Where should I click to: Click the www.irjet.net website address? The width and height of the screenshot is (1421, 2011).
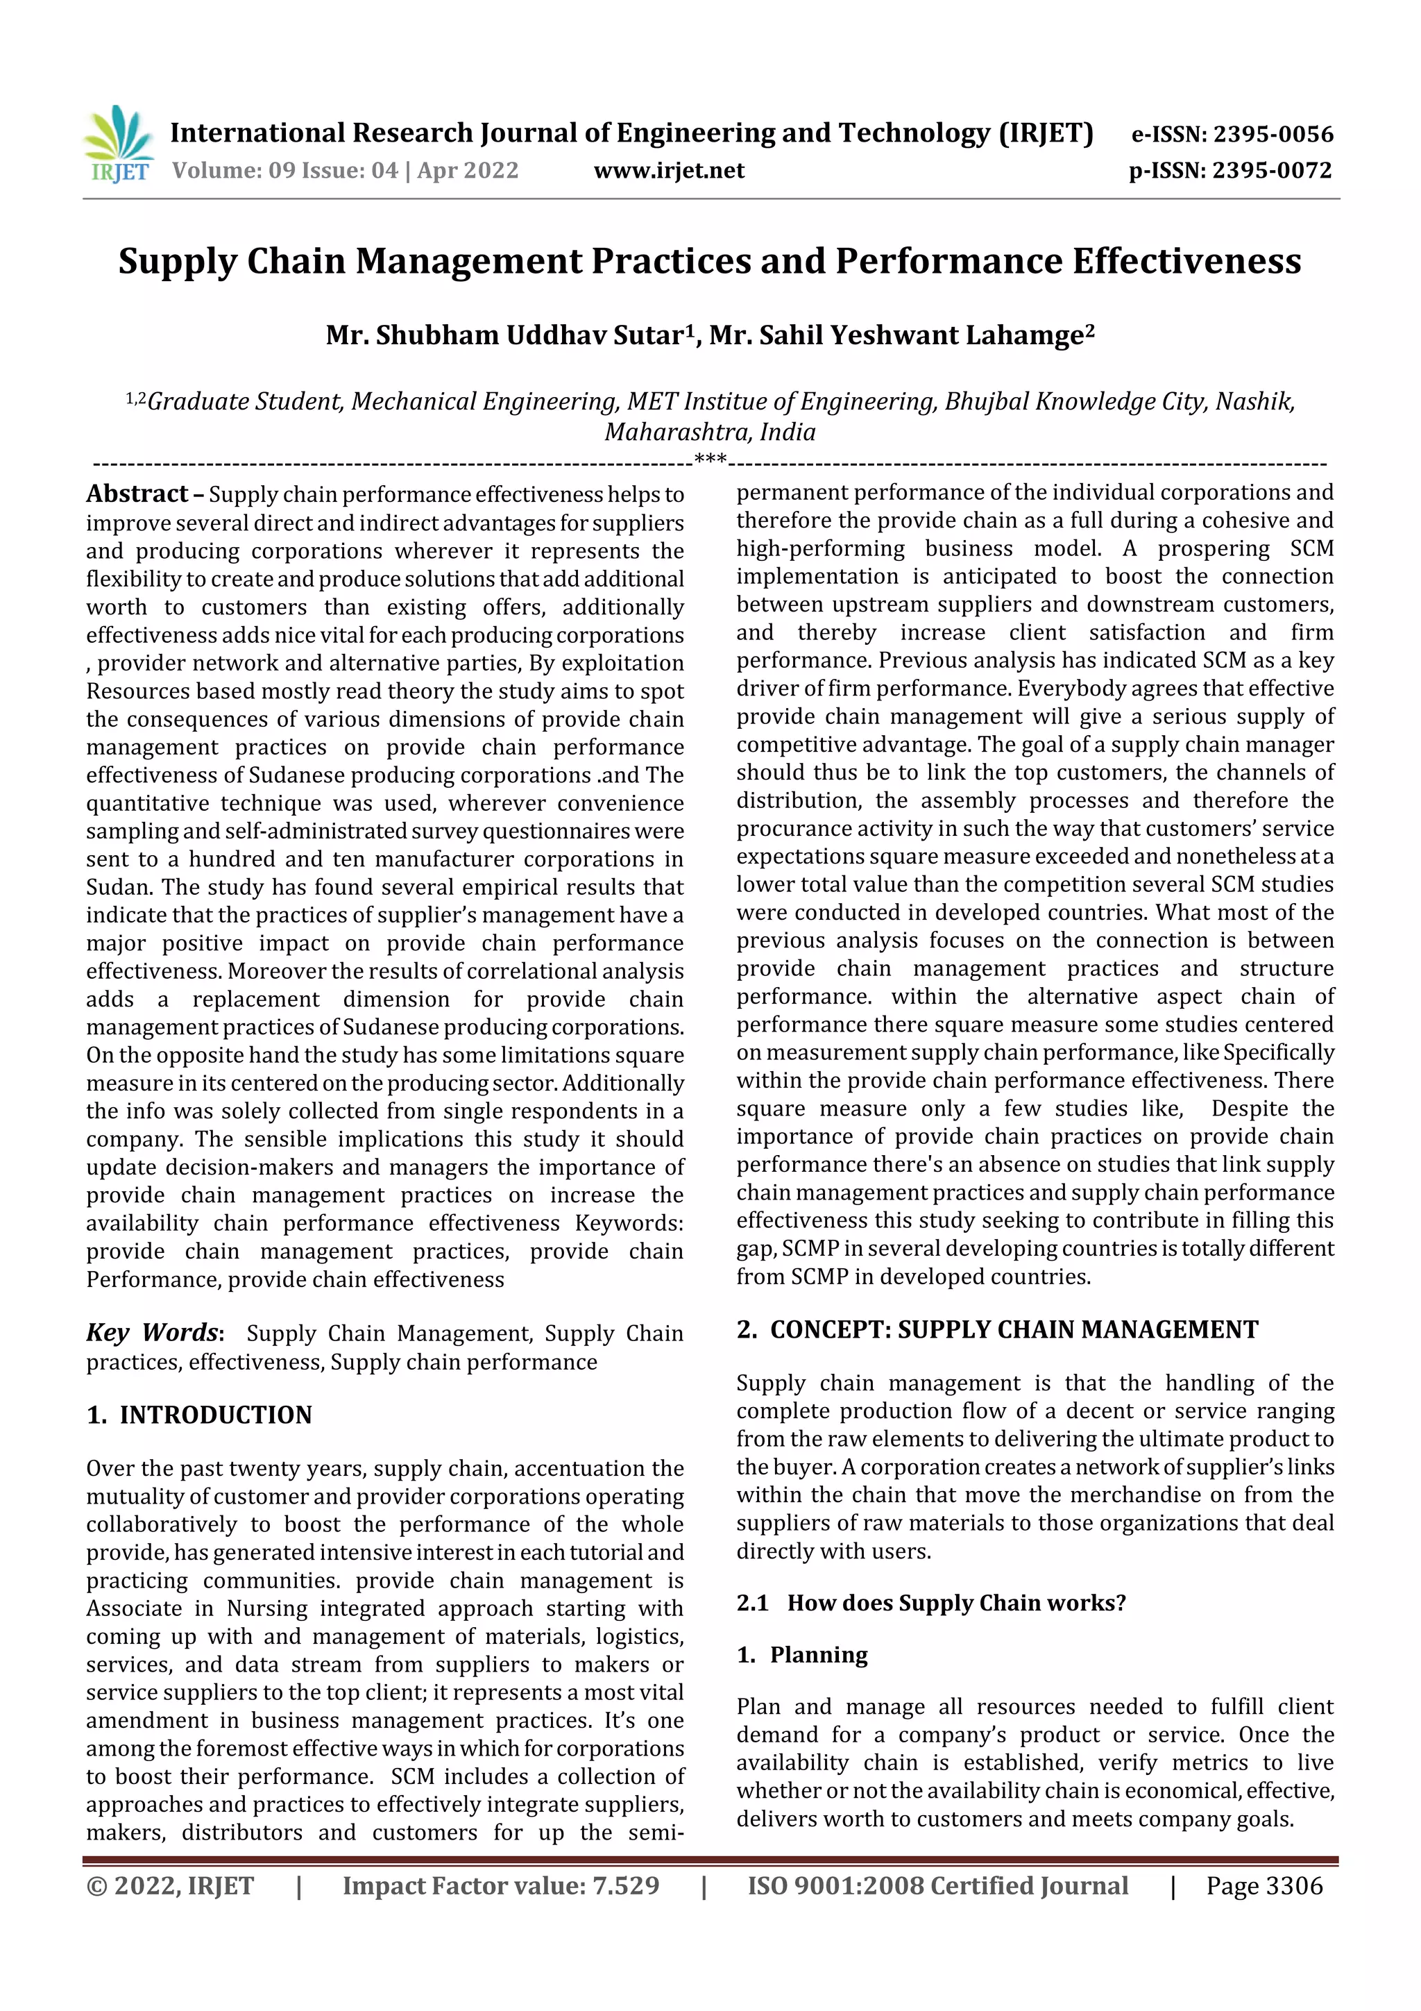[669, 171]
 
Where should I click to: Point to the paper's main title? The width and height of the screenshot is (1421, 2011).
[710, 262]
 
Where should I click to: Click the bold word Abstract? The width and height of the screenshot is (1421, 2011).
[137, 495]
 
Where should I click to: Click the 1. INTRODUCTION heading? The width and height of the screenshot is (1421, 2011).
[200, 1415]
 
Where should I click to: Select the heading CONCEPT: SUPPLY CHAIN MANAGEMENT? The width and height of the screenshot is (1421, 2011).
[1013, 1329]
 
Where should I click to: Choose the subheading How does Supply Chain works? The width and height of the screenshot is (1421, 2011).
[956, 1603]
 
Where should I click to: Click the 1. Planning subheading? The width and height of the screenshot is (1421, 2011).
[802, 1654]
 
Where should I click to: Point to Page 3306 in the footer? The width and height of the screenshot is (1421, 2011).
[1264, 1886]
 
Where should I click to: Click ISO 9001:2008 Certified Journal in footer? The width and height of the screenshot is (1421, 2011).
[937, 1886]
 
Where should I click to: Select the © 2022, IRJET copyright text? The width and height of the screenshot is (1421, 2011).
[170, 1886]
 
